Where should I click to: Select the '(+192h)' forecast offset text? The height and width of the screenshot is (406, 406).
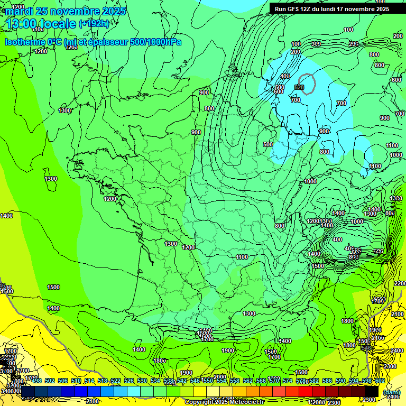[x=95, y=24]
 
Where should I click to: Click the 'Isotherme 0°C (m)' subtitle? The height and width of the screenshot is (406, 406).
[x=34, y=42]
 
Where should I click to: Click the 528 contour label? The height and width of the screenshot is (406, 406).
[x=299, y=87]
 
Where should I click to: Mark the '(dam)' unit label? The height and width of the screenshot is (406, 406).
[x=392, y=392]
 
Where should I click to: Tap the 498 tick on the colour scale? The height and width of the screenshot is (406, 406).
[x=36, y=381]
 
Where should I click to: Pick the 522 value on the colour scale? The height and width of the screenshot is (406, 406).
[x=116, y=381]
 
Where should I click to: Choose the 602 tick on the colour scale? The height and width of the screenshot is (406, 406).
[x=380, y=381]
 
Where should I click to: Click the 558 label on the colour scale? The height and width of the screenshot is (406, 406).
[x=235, y=381]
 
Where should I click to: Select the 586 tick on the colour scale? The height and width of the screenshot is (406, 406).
[x=327, y=381]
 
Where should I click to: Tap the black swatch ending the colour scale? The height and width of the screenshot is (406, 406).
[x=372, y=391]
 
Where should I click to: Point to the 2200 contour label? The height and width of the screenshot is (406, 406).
[x=400, y=284]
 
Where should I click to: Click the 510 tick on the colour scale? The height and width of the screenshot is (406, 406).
[x=76, y=381]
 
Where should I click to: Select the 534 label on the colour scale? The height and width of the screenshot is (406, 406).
[x=155, y=381]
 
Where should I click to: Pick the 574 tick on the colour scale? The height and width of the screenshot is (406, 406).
[x=288, y=381]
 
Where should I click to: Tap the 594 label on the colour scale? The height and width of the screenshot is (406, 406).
[x=354, y=381]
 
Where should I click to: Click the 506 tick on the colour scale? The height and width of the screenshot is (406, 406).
[x=63, y=381]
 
